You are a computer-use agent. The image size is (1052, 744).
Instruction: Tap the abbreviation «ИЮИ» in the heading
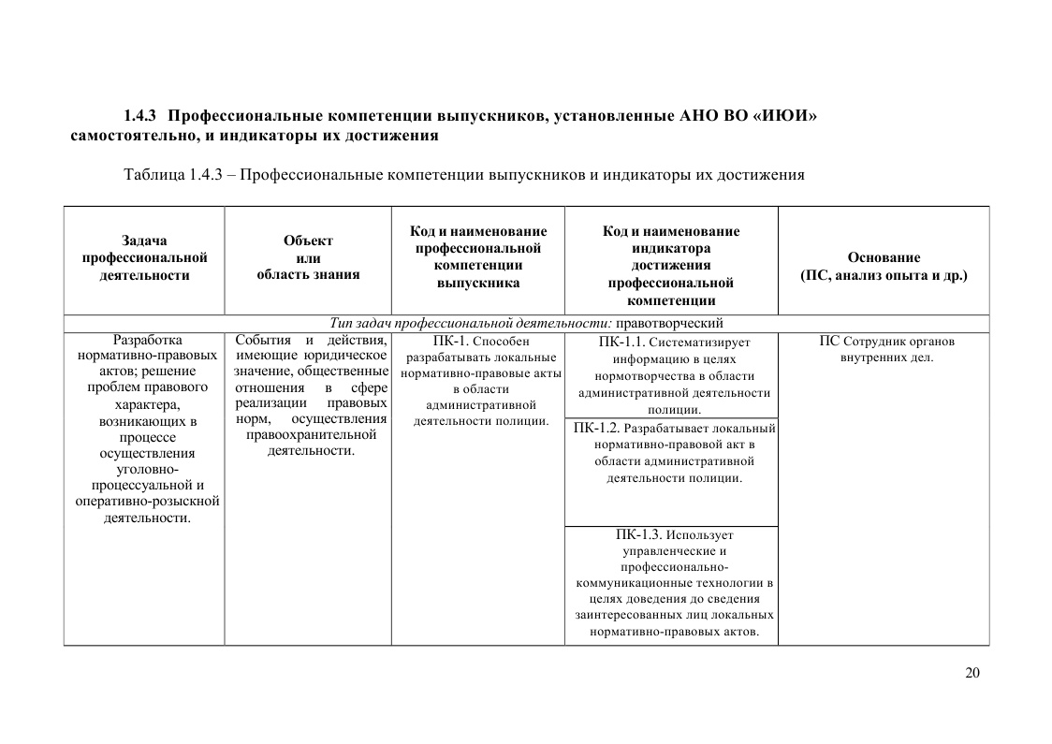[x=785, y=116]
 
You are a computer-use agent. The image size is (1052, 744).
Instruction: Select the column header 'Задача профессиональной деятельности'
[x=144, y=257]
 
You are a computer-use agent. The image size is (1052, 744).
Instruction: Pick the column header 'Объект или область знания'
[x=308, y=257]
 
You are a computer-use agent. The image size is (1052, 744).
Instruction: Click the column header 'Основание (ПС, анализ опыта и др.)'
[x=884, y=266]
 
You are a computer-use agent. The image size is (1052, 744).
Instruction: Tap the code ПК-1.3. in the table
[x=639, y=534]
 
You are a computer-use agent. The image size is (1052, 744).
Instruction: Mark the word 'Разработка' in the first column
[x=147, y=340]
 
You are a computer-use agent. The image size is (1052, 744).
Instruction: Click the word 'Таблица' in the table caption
[x=153, y=174]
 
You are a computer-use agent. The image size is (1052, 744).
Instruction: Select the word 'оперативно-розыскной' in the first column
[x=147, y=501]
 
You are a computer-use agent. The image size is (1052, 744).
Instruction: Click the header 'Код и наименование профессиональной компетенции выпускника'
[x=478, y=256]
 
